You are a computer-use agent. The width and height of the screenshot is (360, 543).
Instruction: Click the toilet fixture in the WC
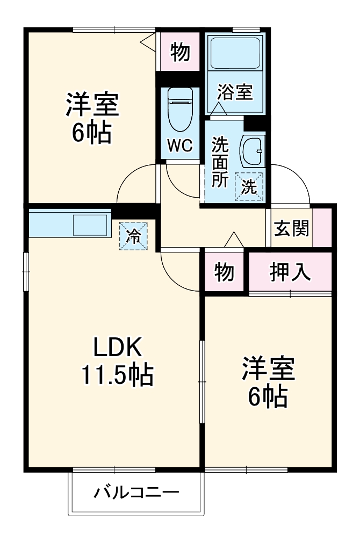pos(180,107)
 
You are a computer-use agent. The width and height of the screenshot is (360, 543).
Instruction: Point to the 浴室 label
pos(235,92)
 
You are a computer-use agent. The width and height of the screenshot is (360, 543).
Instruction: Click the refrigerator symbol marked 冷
pos(132,235)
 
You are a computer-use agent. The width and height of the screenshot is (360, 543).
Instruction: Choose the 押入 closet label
pos(290,272)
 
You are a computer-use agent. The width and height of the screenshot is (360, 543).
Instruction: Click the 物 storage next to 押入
pos(224,272)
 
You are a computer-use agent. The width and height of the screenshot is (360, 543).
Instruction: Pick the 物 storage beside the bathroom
pos(181,53)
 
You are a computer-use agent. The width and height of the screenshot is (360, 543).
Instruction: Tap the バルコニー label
pos(136,492)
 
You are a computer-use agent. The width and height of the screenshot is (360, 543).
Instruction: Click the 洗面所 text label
pos(219,161)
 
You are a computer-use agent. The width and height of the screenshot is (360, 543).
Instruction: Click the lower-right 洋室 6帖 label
pos(267,382)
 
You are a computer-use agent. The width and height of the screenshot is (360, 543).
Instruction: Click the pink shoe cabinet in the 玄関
pos(322,228)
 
